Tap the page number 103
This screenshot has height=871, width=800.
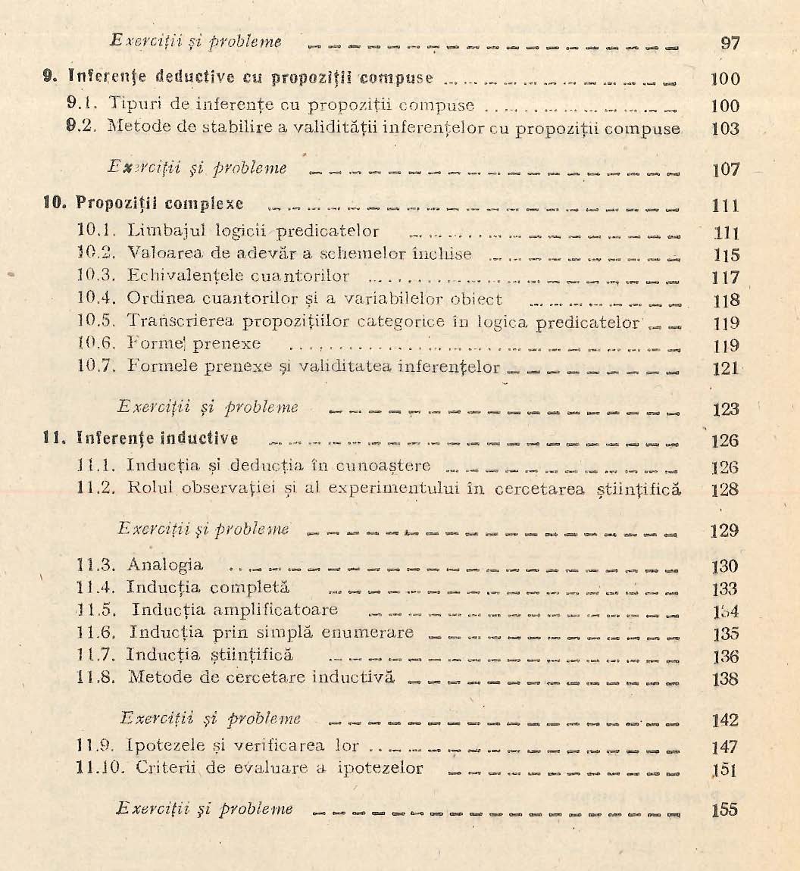726,129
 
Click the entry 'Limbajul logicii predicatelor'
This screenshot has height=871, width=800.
253,230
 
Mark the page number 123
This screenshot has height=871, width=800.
726,410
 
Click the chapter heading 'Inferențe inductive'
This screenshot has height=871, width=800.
158,439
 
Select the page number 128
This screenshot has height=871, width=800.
726,489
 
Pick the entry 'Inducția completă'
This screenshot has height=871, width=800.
208,587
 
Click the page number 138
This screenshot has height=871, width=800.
726,678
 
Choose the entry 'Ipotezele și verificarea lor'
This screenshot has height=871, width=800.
242,745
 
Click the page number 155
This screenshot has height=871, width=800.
726,809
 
